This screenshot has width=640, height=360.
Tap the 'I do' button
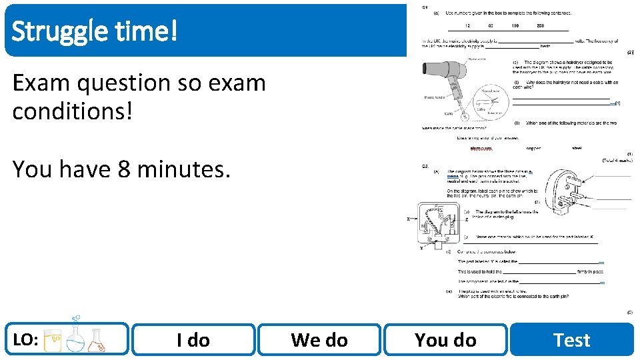[193, 340]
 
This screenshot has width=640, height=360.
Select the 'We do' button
[319, 340]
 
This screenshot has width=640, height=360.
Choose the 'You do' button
[445, 340]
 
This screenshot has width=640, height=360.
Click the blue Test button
[571, 340]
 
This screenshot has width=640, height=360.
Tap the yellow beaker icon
[53, 341]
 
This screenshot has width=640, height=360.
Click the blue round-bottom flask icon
[75, 339]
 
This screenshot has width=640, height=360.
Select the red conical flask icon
[97, 341]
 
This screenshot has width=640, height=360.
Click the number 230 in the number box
[540, 25]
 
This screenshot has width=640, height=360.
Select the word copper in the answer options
[533, 149]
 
